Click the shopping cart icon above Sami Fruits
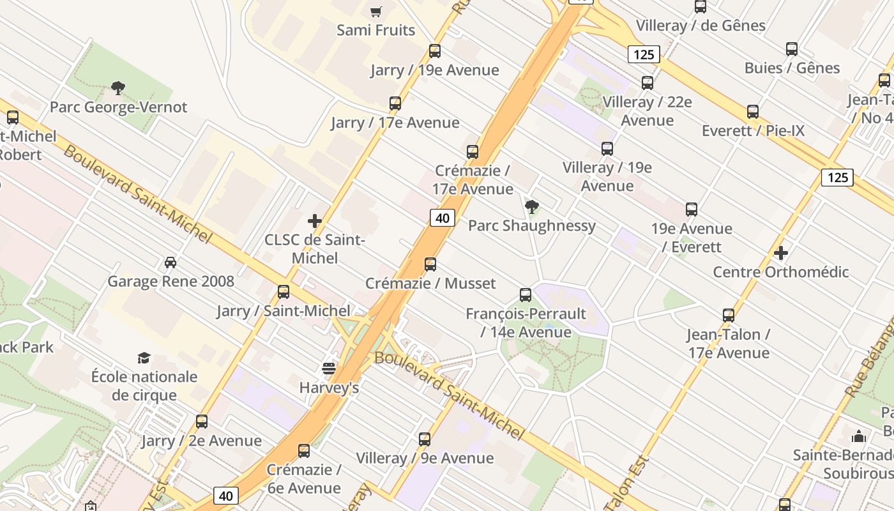point(376,11)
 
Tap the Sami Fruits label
point(375,30)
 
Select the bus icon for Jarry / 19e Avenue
point(435,51)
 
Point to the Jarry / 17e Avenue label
point(395,123)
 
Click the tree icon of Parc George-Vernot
point(118,88)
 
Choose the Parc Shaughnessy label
point(531,225)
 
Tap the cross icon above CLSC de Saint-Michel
point(315,221)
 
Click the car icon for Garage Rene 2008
point(170,263)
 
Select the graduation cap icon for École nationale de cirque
point(144,358)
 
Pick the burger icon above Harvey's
point(329,369)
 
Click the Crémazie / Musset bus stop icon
point(430,264)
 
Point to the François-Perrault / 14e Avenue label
point(526,323)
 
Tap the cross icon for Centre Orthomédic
point(780,253)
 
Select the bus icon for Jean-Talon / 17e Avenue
point(729,316)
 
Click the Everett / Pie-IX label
point(753,131)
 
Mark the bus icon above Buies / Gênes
point(792,49)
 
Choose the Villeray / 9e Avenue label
point(425,458)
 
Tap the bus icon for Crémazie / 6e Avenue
point(304,451)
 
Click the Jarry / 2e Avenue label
point(201,441)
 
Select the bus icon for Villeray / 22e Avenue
point(648,83)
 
